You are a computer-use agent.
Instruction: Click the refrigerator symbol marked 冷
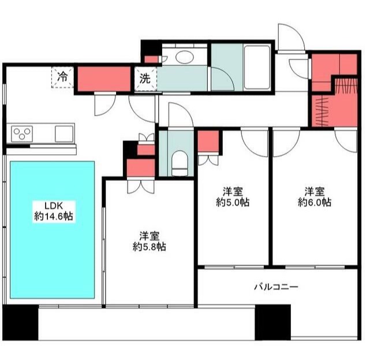pos(63,76)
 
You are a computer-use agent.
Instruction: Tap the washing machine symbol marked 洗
pos(144,80)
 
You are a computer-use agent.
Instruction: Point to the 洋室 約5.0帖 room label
pos(233,196)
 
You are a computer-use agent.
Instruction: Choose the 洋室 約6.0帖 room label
pos(315,196)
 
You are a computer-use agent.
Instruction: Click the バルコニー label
pos(276,287)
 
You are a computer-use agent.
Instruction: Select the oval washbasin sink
pos(185,57)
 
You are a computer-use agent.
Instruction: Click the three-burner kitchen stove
pos(23,134)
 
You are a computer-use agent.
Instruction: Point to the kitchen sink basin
pos(64,133)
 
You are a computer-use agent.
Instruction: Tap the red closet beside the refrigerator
pos(103,79)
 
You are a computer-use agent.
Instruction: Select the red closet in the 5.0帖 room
pos(208,142)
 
